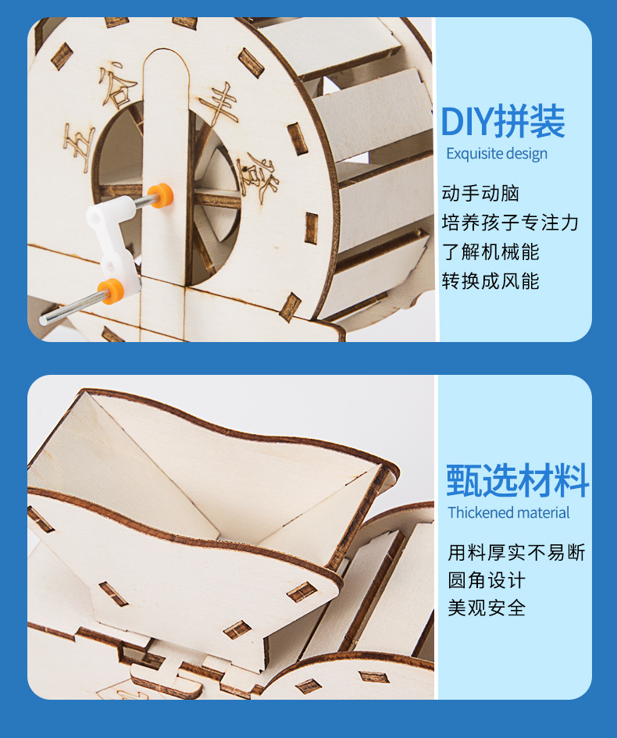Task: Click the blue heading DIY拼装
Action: [502, 122]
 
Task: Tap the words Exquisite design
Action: [497, 154]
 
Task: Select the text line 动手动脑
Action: [480, 194]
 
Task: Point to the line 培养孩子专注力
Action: [510, 223]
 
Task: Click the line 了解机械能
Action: [490, 251]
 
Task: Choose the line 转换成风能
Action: [490, 280]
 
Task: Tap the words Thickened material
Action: [508, 513]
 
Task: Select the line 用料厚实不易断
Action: [516, 553]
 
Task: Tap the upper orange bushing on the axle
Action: [159, 194]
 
